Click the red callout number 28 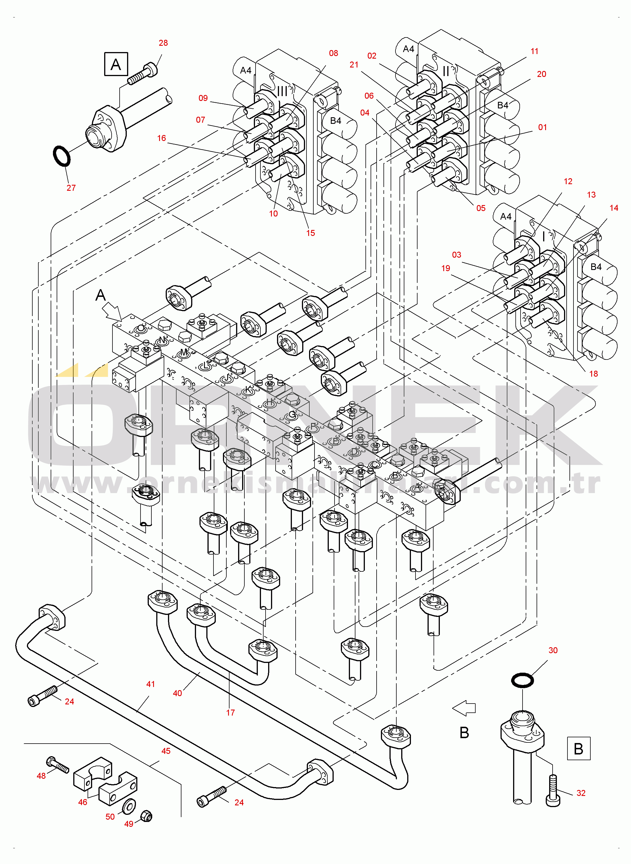(x=163, y=43)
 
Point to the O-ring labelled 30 (x=522, y=680)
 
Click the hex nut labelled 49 (x=146, y=816)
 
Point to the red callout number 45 (x=166, y=751)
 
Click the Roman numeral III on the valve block (x=282, y=91)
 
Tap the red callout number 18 (x=593, y=374)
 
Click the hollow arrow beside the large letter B (x=464, y=709)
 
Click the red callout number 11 (x=534, y=51)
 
